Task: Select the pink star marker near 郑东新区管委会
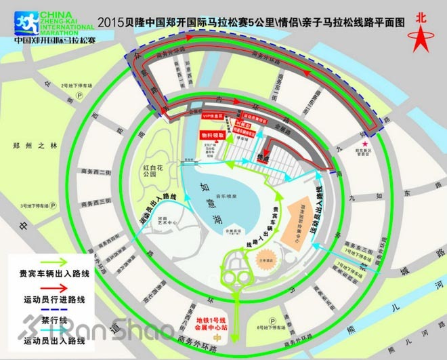(366, 144)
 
